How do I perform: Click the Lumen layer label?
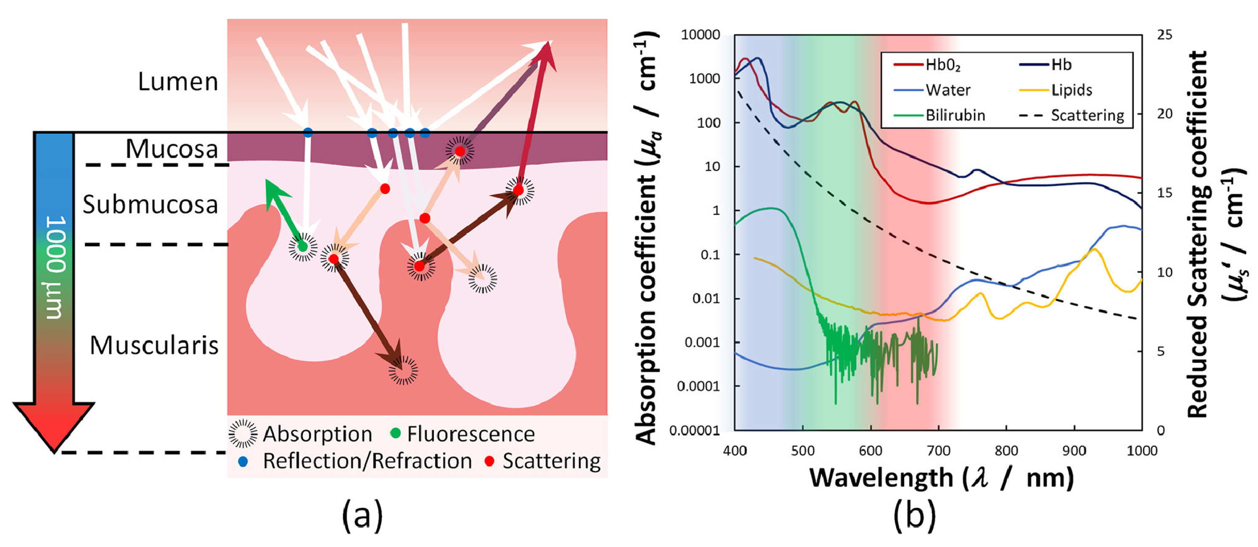(178, 82)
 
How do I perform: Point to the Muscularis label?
(154, 346)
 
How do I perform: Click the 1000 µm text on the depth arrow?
(56, 267)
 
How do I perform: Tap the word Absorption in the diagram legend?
(317, 434)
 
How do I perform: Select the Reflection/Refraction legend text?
(367, 461)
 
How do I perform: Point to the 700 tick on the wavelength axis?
(938, 450)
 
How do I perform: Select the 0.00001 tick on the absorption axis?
(695, 431)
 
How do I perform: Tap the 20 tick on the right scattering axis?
(1164, 114)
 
